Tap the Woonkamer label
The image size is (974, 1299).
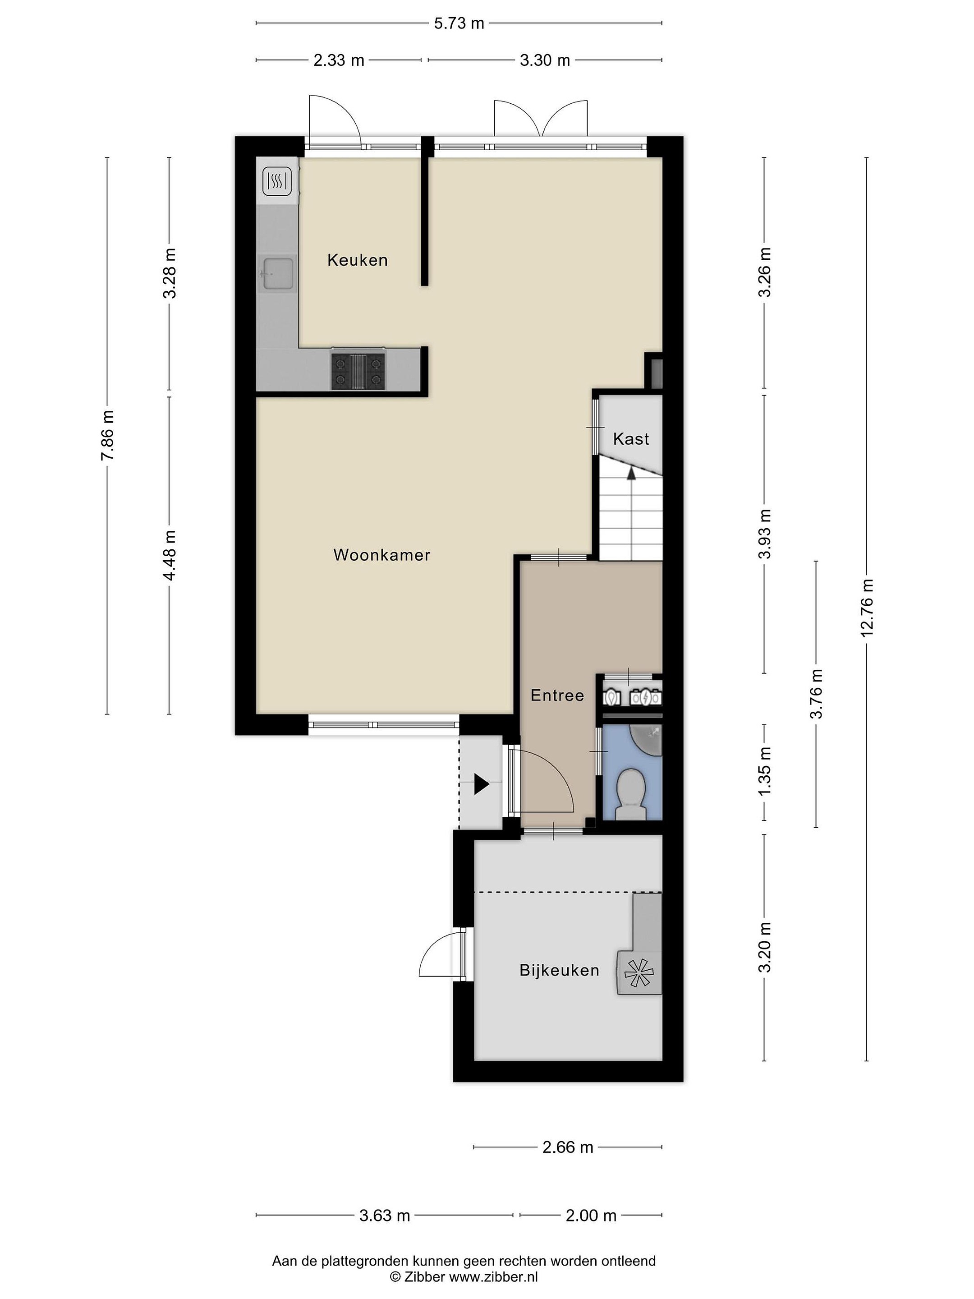pyautogui.click(x=381, y=554)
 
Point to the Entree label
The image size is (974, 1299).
pyautogui.click(x=557, y=696)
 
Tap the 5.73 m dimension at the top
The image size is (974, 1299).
pyautogui.click(x=459, y=23)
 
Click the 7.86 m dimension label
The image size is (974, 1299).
pyautogui.click(x=107, y=436)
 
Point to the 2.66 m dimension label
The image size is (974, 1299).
pyautogui.click(x=568, y=1147)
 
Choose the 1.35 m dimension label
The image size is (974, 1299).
pyautogui.click(x=764, y=772)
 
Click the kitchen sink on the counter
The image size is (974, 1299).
pyautogui.click(x=278, y=274)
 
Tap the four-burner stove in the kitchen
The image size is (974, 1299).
pyautogui.click(x=358, y=372)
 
